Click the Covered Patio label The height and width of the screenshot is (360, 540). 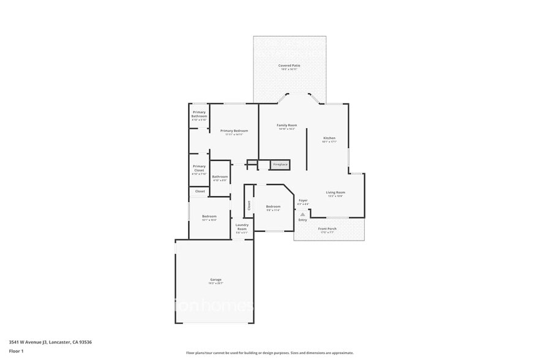tap(290, 66)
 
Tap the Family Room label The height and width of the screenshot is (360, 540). tap(287, 125)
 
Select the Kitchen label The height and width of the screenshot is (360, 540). tap(329, 138)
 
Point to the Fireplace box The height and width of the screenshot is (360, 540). tap(280, 165)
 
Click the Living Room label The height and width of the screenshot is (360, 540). tap(335, 193)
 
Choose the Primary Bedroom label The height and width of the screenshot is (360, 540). tap(234, 131)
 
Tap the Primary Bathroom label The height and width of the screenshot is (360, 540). tap(199, 114)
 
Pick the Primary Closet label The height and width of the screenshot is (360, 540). tap(199, 168)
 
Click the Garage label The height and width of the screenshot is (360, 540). tap(216, 280)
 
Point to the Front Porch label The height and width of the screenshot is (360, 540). tap(326, 230)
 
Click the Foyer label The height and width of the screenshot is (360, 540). tap(303, 200)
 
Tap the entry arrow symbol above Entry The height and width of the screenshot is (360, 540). tap(302, 214)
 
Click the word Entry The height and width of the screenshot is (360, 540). tap(302, 220)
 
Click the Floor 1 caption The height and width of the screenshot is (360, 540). tap(17, 351)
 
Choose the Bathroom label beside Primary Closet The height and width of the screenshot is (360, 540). tap(220, 177)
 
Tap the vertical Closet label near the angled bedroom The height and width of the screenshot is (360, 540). tap(249, 206)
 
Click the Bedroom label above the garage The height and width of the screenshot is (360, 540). tap(209, 216)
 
